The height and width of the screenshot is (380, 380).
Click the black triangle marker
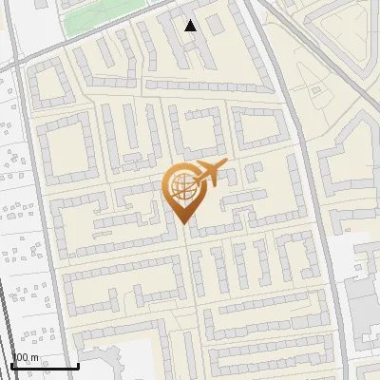click(x=191, y=26)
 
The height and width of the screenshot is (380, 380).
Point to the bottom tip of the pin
click(x=181, y=223)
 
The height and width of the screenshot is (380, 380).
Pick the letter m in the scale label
click(x=35, y=358)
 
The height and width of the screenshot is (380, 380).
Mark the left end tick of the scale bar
click(x=11, y=365)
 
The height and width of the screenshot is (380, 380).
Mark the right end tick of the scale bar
click(x=78, y=365)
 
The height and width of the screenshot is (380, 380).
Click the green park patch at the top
click(x=104, y=16)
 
